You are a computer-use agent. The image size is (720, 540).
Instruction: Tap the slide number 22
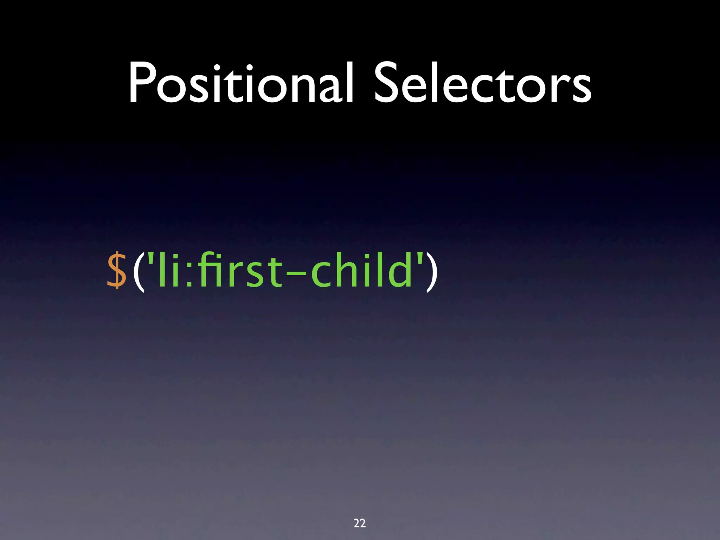point(359,523)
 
